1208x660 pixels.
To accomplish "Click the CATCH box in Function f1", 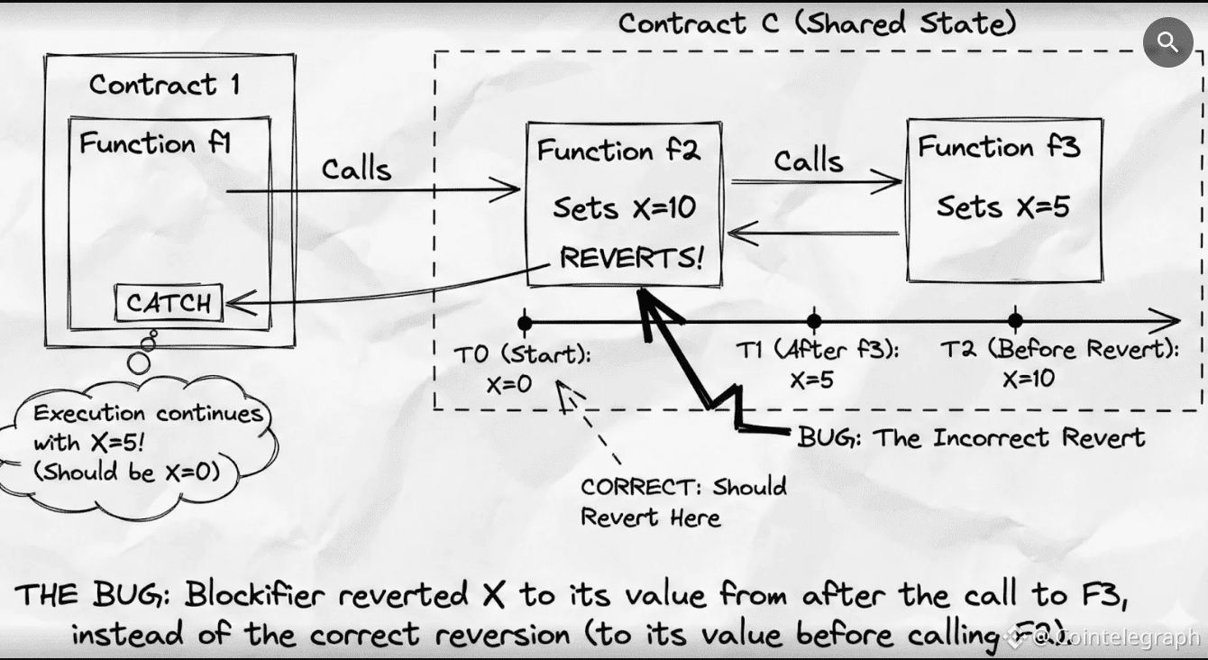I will click(169, 303).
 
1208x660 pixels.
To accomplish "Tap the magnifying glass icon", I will click(1167, 41).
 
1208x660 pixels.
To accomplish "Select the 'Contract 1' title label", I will click(164, 86).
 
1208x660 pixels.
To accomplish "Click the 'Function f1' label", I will click(155, 144).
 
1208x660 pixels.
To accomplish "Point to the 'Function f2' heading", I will click(618, 151).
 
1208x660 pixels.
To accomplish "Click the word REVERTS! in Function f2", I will click(630, 258).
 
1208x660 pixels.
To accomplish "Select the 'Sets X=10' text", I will click(624, 208).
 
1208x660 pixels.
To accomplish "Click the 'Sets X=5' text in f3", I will click(1002, 207).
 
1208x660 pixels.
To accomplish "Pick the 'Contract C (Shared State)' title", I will click(817, 23).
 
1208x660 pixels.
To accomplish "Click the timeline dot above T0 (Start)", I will click(524, 321).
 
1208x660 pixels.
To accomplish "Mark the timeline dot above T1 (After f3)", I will click(814, 321).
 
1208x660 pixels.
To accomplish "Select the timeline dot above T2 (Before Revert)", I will click(1015, 321).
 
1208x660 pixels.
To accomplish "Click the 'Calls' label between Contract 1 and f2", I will click(357, 169).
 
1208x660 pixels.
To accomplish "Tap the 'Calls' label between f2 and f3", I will click(809, 161).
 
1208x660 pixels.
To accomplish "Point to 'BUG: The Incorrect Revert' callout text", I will click(971, 438).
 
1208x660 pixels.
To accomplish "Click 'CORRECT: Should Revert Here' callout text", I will click(682, 501).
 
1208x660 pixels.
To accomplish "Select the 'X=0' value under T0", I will click(509, 384).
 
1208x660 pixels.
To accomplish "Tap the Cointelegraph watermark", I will click(1116, 637).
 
